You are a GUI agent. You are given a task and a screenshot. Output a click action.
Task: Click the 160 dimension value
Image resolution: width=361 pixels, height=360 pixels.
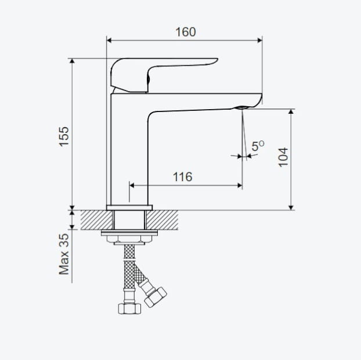[x=186, y=32]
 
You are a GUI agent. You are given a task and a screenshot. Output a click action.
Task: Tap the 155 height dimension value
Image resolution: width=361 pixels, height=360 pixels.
[x=64, y=136]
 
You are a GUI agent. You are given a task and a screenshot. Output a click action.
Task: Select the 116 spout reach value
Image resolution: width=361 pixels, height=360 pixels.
[x=183, y=177]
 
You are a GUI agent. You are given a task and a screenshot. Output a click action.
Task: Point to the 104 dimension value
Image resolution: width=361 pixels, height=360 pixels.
[x=283, y=157]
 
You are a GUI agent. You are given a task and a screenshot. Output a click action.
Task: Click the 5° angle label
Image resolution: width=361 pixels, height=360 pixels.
[x=258, y=146]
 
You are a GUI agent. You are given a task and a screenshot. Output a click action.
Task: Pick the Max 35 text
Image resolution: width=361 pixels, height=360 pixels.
[x=64, y=254]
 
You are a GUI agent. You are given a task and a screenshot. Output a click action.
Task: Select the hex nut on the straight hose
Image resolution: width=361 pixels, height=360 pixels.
[x=129, y=308]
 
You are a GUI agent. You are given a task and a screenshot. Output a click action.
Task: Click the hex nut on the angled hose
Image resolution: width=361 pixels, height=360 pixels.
[x=156, y=297]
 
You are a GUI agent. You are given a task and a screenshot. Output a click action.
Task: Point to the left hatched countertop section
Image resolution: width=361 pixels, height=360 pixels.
[x=97, y=220]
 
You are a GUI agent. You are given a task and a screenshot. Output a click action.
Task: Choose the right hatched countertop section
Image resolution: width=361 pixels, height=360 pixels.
[x=163, y=220]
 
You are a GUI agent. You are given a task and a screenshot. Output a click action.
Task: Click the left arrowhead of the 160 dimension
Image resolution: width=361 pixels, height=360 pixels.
[x=109, y=41]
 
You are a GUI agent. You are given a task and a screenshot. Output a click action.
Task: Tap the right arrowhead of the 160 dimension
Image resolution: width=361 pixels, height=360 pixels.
[x=259, y=41]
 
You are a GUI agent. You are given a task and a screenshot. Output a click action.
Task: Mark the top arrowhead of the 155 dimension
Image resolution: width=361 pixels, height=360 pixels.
[x=73, y=61]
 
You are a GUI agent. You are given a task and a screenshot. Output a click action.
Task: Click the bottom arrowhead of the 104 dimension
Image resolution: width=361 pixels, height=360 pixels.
[x=291, y=207]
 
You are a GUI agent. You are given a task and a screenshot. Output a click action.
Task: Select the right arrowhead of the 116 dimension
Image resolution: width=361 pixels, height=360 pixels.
[x=240, y=185]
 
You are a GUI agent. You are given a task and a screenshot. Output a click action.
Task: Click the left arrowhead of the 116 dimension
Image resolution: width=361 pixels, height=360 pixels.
[x=132, y=185]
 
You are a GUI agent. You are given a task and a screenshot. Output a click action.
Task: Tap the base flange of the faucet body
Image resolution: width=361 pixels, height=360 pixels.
[x=129, y=207]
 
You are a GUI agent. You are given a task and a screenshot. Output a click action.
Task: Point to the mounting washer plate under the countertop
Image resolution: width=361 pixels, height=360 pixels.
[x=129, y=233]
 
